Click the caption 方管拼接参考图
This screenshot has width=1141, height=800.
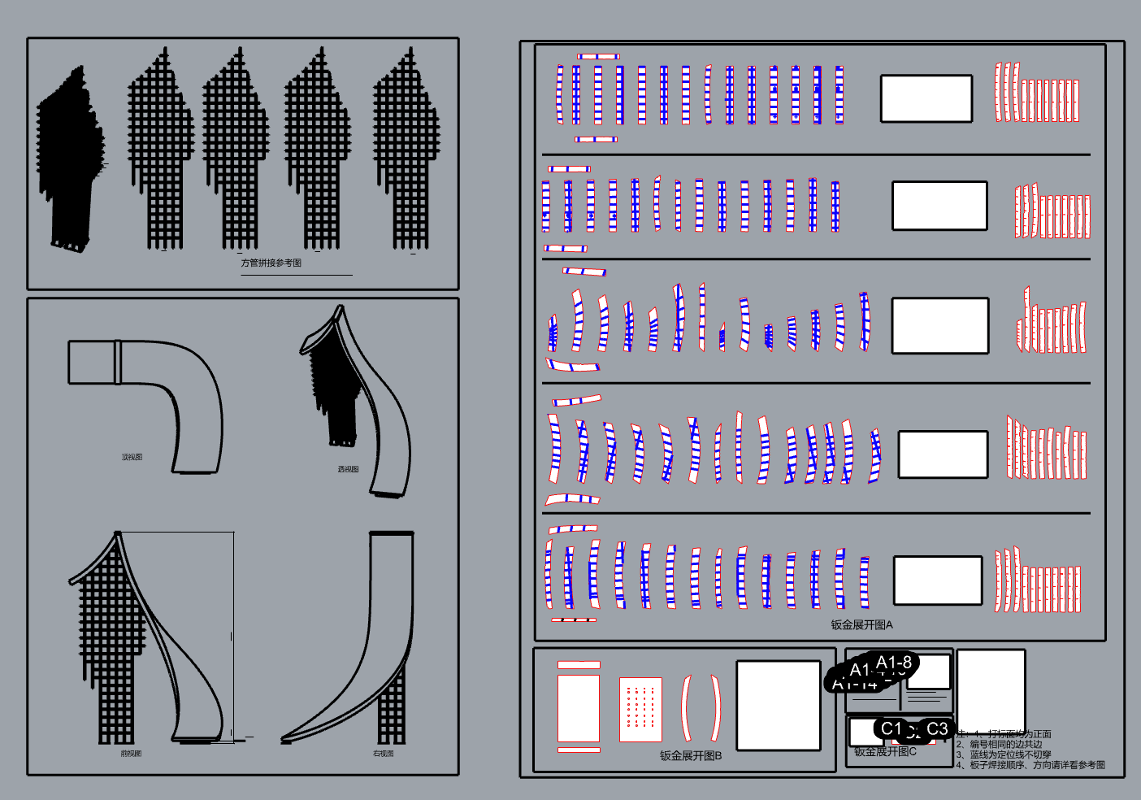point(271,263)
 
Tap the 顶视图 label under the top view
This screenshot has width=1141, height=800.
point(132,457)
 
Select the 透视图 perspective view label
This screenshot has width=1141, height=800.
point(348,469)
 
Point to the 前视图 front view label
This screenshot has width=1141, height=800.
point(131,754)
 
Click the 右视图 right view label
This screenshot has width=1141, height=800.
point(383,754)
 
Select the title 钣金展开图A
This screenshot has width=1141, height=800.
point(861,624)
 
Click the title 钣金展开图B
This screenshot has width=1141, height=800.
point(690,755)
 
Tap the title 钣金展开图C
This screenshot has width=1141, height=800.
point(885,751)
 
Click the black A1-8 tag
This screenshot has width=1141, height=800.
point(894,662)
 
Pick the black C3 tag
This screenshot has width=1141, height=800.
point(937,728)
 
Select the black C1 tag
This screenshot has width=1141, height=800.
point(892,728)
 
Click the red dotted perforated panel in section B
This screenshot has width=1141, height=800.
point(640,709)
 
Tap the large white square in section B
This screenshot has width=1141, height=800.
point(778,705)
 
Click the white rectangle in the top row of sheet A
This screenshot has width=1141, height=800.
point(926,98)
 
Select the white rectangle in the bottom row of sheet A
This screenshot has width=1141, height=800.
point(937,580)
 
